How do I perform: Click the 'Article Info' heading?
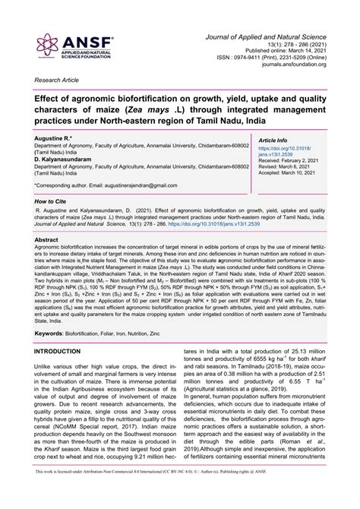pos(273,141)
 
